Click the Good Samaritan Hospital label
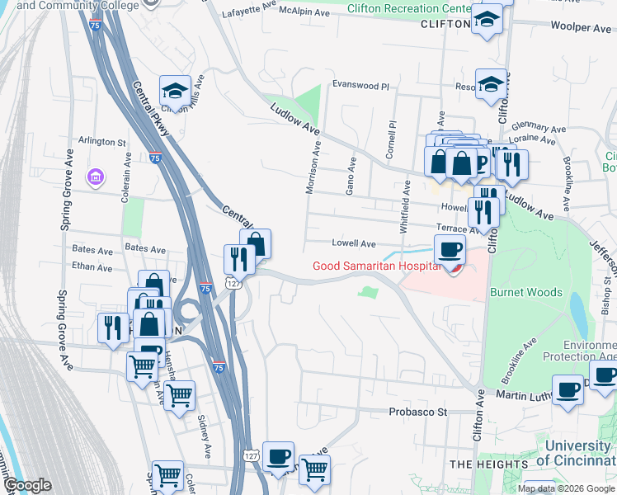tap(374, 265)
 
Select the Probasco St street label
tap(417, 411)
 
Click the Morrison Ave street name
tap(312, 166)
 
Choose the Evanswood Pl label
tap(360, 84)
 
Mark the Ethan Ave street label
tap(92, 267)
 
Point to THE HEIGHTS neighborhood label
tap(489, 464)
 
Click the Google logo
tap(27, 485)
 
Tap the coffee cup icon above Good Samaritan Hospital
tap(450, 248)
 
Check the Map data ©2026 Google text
tap(564, 488)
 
